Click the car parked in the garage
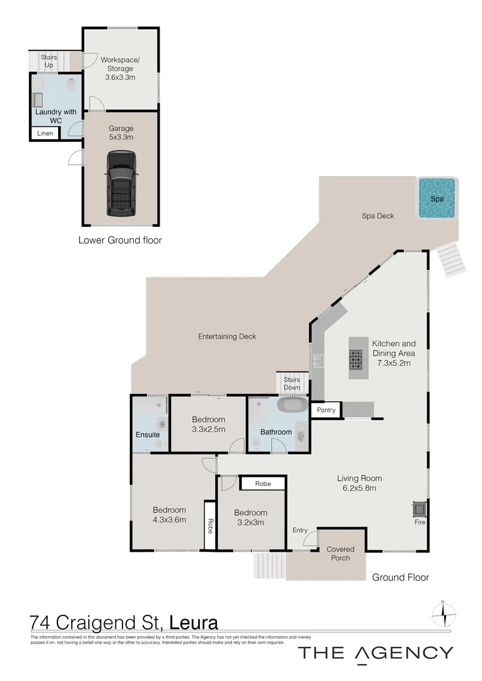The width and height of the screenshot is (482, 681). (121, 183)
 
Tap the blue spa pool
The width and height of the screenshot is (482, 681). (437, 198)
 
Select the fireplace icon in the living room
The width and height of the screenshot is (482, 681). (418, 508)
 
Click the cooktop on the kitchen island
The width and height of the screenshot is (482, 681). (357, 360)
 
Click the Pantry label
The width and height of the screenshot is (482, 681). (326, 410)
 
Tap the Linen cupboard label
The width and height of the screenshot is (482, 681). (45, 134)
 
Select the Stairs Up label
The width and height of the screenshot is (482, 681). (49, 61)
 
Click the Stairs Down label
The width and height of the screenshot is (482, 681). (291, 383)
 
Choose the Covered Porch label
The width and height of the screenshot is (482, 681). (340, 554)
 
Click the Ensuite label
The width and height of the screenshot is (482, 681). (148, 434)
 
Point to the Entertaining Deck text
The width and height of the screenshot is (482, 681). (227, 336)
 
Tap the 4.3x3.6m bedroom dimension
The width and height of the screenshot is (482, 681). (169, 520)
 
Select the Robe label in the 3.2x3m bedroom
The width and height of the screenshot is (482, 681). (262, 484)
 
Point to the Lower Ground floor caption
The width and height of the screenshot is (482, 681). (120, 240)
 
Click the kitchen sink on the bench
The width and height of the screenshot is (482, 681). (318, 361)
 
